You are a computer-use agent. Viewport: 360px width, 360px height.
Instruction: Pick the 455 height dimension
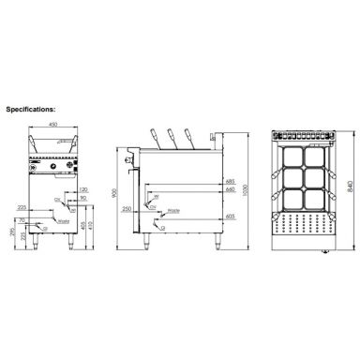click(x=85, y=225)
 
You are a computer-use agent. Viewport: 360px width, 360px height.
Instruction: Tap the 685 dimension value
click(x=228, y=180)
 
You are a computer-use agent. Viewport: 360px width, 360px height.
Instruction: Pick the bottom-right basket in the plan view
click(x=313, y=199)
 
